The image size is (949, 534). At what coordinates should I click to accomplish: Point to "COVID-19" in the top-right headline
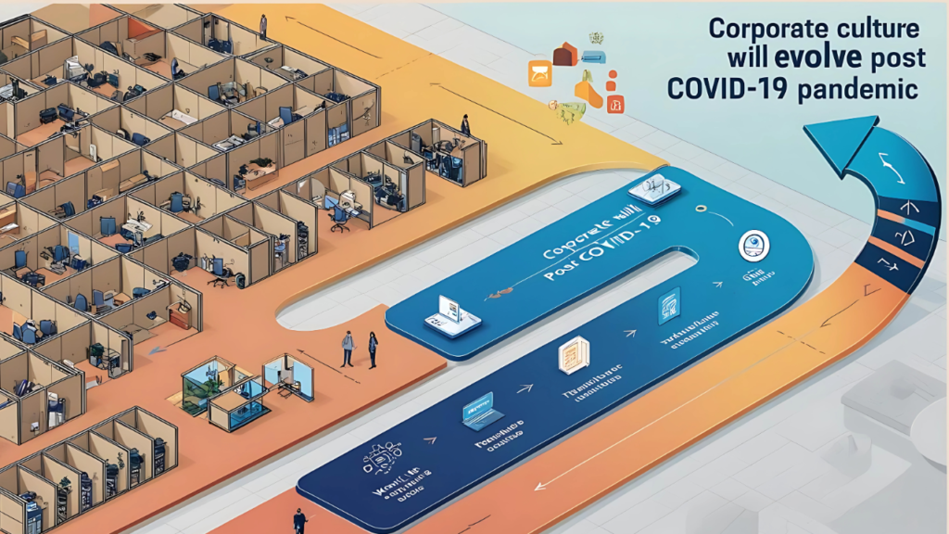(729, 89)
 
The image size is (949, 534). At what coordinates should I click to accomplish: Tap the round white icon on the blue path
(753, 247)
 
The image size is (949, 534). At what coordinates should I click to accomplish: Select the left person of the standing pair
(348, 348)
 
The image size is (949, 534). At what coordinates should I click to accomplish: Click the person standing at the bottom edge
(299, 520)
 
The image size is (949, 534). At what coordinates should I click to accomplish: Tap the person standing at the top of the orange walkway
(263, 26)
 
